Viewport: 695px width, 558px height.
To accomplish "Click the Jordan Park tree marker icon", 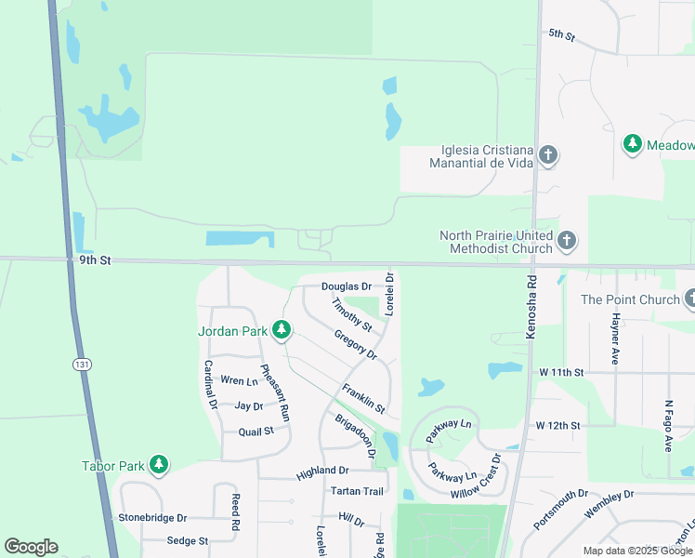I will click(280, 330).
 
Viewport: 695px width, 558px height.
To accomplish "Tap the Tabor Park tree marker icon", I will click(159, 464).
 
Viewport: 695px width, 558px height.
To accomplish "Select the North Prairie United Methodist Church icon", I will click(567, 243).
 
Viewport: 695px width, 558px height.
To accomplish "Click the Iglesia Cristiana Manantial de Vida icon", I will click(548, 155).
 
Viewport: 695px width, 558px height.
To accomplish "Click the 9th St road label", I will click(95, 261).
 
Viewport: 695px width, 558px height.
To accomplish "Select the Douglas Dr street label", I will click(347, 287).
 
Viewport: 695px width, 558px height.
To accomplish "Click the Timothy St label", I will click(352, 314).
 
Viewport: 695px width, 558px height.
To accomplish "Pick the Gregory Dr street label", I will click(355, 345).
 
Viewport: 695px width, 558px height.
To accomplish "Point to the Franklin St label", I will click(362, 398).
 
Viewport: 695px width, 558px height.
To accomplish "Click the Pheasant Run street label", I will click(275, 392).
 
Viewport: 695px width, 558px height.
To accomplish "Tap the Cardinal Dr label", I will click(210, 385).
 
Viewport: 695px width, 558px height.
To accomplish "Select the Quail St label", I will click(256, 432).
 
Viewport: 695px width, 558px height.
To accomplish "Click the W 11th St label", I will click(561, 372).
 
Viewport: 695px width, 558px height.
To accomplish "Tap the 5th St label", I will click(562, 34).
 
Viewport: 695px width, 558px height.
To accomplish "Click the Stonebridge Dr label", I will click(152, 517).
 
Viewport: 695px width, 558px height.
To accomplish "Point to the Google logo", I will click(32, 547).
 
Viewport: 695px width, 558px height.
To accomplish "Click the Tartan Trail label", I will click(357, 491).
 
